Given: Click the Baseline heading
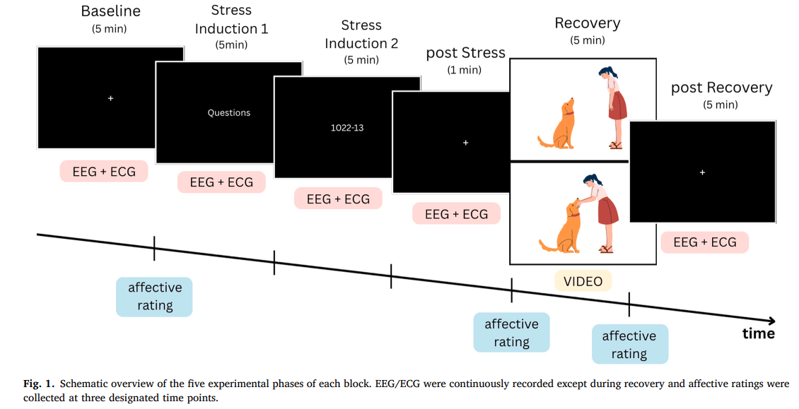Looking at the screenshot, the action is [x=110, y=11].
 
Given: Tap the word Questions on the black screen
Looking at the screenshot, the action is [x=229, y=113].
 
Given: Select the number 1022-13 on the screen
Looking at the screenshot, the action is [x=347, y=128].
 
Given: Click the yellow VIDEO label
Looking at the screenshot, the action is [x=583, y=281].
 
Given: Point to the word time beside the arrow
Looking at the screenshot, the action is [x=759, y=333].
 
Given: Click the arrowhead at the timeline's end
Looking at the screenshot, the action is [x=771, y=321].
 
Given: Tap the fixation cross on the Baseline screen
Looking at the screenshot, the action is [x=110, y=98].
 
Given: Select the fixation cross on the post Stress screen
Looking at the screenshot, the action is [x=465, y=143].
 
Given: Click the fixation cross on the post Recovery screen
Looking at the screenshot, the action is [x=702, y=172].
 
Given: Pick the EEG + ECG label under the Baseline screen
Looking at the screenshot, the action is [x=104, y=172].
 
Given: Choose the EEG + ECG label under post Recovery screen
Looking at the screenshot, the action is [x=705, y=242].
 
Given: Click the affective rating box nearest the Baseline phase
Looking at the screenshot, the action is [x=154, y=297].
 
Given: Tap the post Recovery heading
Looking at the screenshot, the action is [x=721, y=88].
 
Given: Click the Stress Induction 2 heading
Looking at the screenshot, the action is [x=361, y=35].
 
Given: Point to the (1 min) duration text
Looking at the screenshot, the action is [x=465, y=71].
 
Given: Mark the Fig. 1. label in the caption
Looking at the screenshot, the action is [x=39, y=384].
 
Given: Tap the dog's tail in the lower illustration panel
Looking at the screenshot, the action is [x=548, y=246].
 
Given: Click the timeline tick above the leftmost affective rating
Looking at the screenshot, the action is [x=154, y=249].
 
